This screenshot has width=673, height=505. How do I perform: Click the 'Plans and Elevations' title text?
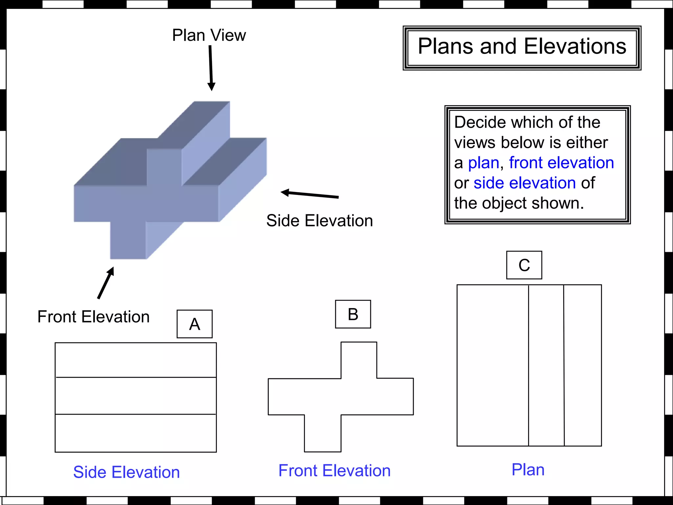coord(522,46)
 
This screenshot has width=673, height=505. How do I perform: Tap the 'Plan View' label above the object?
coord(209,35)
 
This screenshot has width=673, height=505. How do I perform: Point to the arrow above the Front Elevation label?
coord(106,283)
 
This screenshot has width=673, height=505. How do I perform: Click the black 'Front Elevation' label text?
coord(94,317)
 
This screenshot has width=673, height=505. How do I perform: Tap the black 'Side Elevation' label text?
coord(319,221)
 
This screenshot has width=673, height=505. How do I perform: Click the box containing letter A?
coord(195,324)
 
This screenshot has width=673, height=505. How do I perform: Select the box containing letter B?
coord(353,314)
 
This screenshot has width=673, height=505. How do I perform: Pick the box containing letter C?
coord(524,265)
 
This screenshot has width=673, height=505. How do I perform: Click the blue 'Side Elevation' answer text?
coord(127,472)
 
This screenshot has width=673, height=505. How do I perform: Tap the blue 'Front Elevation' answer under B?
coord(335,470)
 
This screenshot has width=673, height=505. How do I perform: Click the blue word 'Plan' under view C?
coord(528,469)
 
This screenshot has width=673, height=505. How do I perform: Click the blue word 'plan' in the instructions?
coord(483,163)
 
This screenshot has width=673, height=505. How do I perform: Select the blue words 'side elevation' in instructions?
coord(525,183)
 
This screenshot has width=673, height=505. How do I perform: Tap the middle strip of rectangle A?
coord(135,396)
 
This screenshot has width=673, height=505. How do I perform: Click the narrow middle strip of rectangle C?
coord(546,365)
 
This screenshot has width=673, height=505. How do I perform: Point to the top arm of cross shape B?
coord(359,360)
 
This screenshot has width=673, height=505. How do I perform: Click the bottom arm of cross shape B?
coord(323,433)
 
